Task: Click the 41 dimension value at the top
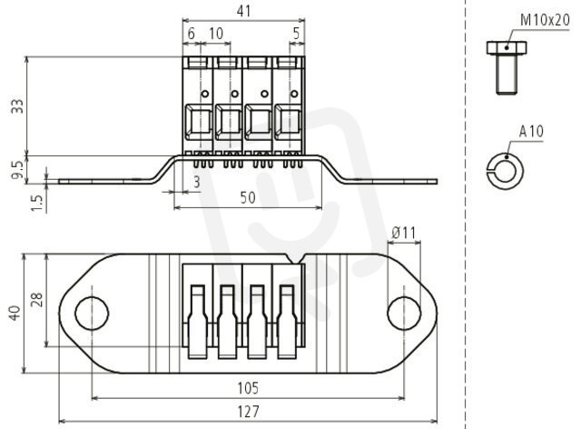243,11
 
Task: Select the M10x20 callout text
545,20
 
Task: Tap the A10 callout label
531,132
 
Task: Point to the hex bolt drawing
507,67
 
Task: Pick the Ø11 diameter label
404,233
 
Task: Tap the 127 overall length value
248,412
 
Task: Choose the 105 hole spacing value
248,388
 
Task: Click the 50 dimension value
248,198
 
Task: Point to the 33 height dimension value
18,106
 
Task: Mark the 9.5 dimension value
18,170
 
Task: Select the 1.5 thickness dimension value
38,204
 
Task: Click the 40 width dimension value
15,314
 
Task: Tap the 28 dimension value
37,300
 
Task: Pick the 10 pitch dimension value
216,34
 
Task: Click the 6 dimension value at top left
192,34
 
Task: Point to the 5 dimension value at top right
296,34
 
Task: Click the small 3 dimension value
197,182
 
